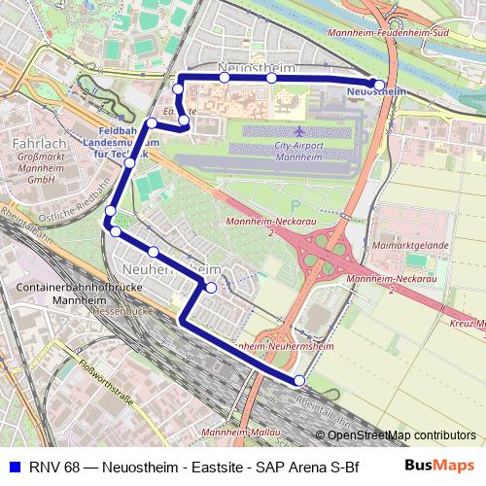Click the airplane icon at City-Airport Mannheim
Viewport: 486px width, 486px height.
tap(297, 130)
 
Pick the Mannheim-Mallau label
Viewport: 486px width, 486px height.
tap(238, 431)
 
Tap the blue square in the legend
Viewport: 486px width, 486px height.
tap(13, 466)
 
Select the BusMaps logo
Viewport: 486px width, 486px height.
tap(439, 466)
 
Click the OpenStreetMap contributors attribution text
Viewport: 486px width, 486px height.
tap(400, 435)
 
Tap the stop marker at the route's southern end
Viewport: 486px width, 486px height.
tap(299, 380)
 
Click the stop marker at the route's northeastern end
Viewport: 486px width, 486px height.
tap(378, 84)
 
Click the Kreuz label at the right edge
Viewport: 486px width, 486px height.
tap(469, 322)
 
